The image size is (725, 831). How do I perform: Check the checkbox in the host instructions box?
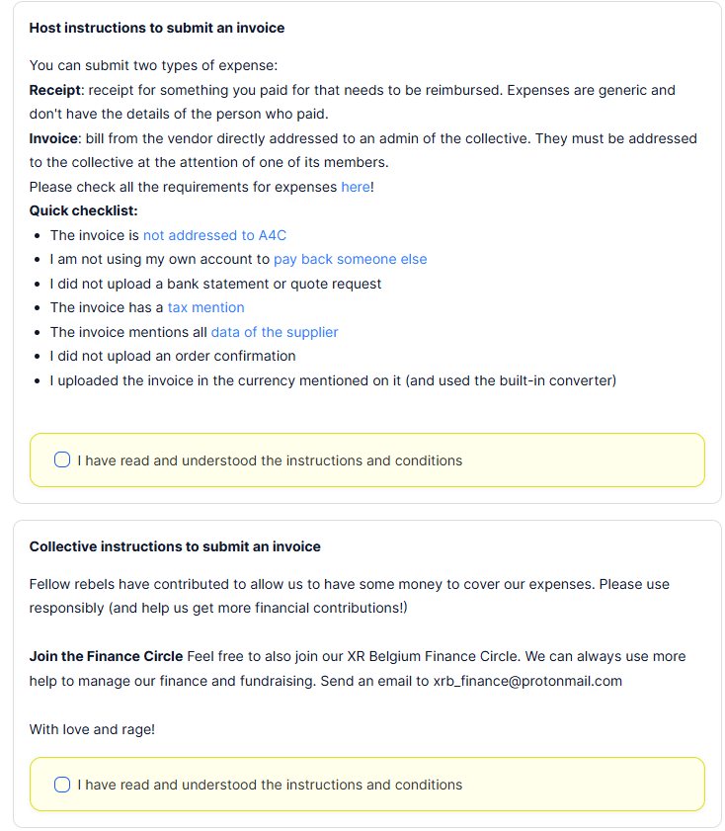coord(62,460)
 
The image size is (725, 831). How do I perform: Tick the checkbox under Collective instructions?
coord(62,785)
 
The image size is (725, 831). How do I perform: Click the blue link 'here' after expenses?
coord(355,187)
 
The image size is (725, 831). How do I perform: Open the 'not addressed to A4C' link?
coord(214,235)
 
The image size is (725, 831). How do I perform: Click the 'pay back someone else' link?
coord(350,259)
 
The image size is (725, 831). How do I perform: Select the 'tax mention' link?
coord(205,307)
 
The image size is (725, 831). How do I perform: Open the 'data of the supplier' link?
coord(275,332)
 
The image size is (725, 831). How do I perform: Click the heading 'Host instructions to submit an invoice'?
coord(157,28)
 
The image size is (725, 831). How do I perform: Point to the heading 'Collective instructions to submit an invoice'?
coord(175,546)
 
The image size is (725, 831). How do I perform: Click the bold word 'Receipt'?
coord(55,90)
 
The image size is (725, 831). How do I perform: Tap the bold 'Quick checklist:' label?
coord(83,210)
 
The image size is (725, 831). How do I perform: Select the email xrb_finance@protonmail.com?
coord(527,681)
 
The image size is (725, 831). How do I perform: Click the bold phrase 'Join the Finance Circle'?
coord(106,656)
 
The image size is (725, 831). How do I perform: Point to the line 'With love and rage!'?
coord(92,729)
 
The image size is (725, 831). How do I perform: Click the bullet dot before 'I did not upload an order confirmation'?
coord(38,357)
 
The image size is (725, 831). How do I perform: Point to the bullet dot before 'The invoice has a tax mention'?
coord(38,308)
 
